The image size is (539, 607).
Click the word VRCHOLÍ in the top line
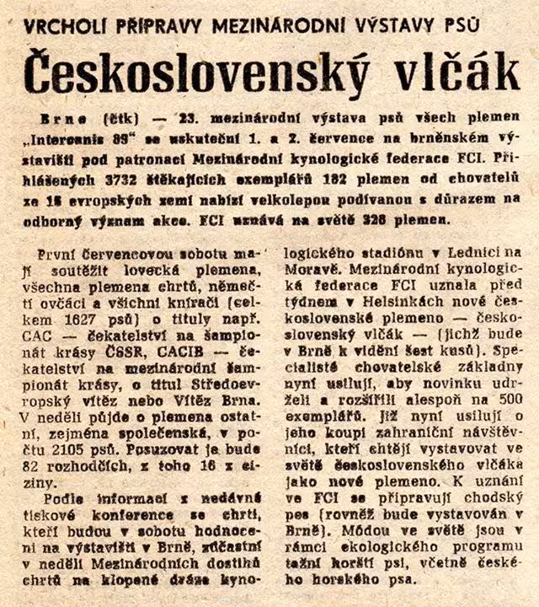point(61,25)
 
